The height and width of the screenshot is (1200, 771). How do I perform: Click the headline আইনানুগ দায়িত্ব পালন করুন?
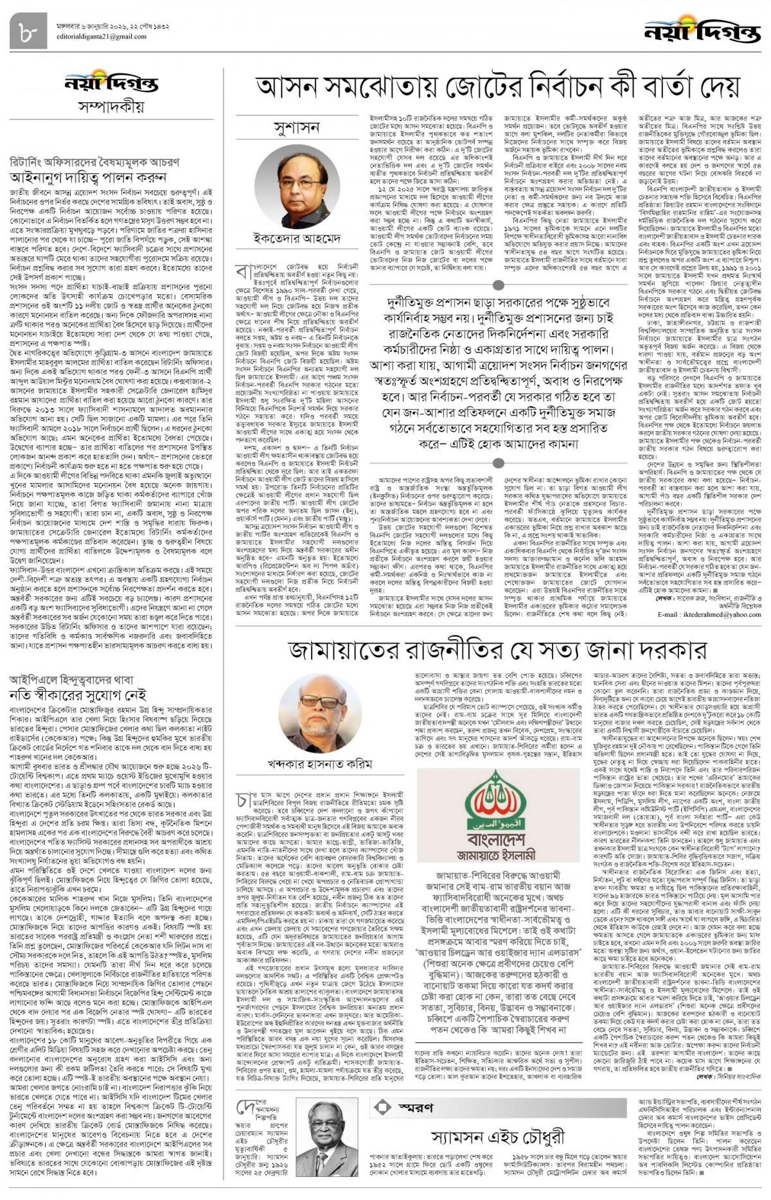point(88,177)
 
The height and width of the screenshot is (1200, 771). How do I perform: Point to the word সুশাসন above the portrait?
point(296,127)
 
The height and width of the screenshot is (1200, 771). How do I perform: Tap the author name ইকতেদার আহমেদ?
point(296,238)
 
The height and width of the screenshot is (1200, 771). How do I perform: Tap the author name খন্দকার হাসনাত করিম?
point(320,764)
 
